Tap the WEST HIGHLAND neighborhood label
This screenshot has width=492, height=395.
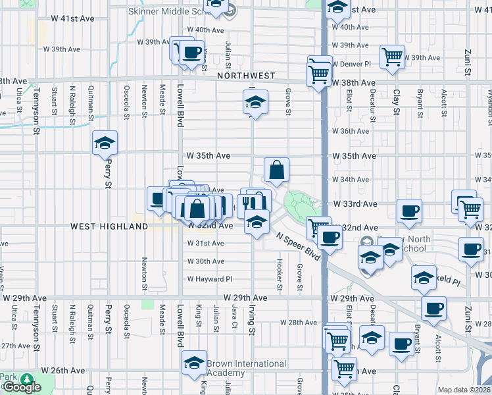(x=109, y=226)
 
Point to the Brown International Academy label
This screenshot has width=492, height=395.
(x=246, y=368)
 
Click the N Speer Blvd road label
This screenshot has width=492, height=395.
(x=298, y=246)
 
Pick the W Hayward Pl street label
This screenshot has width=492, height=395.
(x=210, y=279)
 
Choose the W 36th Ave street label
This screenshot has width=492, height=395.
(x=351, y=131)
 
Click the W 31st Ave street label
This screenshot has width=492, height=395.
(x=205, y=244)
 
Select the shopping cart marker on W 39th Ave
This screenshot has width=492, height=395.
(x=392, y=57)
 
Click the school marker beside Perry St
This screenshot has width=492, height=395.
(x=103, y=144)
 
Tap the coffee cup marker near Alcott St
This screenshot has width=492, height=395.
(x=433, y=308)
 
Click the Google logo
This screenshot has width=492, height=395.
(x=22, y=387)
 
